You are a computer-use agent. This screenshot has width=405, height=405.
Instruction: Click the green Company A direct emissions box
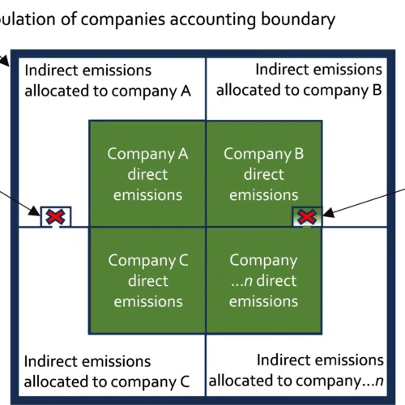[147, 173]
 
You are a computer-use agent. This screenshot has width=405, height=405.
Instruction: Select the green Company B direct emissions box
[264, 173]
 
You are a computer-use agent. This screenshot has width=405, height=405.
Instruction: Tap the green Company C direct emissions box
[147, 280]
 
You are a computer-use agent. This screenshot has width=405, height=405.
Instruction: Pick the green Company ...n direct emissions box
[264, 280]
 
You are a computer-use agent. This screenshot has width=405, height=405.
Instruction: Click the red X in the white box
[55, 216]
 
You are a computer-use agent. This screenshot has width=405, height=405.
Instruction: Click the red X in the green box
[307, 217]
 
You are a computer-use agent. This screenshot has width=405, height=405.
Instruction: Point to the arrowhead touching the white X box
[35, 211]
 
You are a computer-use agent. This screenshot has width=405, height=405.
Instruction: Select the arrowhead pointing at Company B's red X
[328, 213]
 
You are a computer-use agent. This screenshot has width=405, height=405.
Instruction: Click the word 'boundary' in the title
[298, 19]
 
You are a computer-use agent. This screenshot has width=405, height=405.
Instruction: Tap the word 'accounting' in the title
[212, 20]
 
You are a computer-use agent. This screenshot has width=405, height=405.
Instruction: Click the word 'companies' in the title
[123, 19]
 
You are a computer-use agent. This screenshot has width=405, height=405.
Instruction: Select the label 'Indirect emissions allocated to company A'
[108, 80]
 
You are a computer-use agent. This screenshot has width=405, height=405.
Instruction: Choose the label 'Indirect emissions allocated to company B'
[299, 79]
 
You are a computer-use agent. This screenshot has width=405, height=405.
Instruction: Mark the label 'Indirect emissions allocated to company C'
[107, 372]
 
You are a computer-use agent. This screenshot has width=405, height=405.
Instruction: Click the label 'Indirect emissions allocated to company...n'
[296, 370]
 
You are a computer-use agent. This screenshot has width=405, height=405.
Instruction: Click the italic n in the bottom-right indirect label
[379, 381]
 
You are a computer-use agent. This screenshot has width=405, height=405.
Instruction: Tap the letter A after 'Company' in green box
[183, 154]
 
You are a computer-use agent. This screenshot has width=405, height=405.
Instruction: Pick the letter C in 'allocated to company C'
[185, 382]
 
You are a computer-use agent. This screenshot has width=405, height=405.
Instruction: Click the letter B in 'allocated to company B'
[377, 90]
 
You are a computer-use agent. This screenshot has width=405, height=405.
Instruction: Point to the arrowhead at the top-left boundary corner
[5, 62]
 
